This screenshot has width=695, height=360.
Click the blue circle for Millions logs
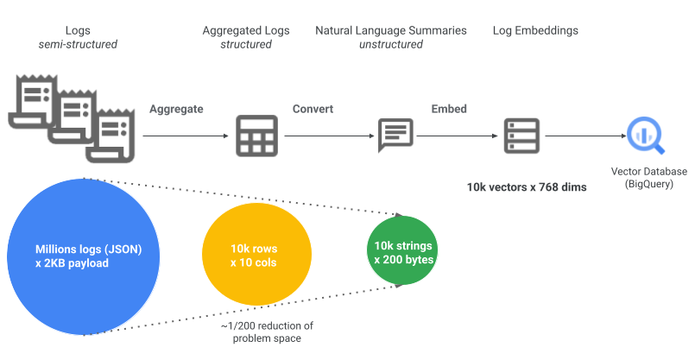(x=82, y=256)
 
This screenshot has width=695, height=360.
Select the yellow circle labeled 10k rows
(x=253, y=256)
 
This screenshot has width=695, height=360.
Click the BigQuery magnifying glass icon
(x=641, y=136)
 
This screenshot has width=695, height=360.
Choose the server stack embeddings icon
(x=521, y=136)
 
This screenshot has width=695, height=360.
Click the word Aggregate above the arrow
(x=176, y=110)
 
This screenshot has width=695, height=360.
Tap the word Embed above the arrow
(x=449, y=110)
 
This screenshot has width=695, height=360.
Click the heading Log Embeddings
(x=535, y=30)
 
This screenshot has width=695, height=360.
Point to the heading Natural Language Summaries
(x=390, y=30)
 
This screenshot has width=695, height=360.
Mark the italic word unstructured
(x=390, y=44)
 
